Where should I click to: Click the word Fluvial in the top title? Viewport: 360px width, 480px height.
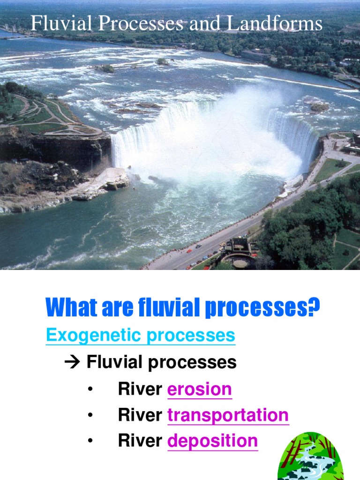click(x=55, y=23)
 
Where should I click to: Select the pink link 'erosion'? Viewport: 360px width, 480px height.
click(x=199, y=389)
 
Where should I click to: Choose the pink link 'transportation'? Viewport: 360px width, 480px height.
click(x=228, y=415)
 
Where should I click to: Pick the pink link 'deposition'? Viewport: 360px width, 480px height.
click(x=212, y=441)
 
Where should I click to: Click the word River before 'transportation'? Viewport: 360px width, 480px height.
click(x=140, y=415)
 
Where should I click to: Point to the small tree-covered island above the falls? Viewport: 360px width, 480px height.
click(x=105, y=68)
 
